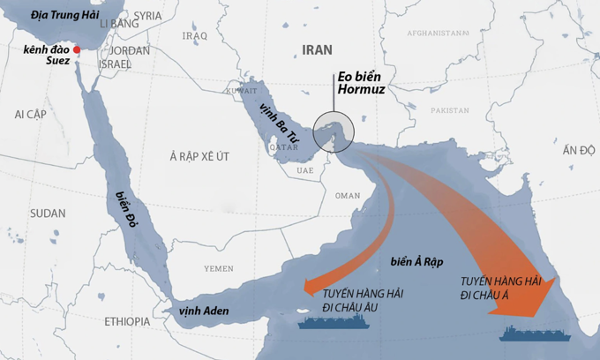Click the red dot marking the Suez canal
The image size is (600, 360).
pos(78,49)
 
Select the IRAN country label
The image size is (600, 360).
pos(317,50)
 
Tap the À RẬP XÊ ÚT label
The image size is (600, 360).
pos(199,156)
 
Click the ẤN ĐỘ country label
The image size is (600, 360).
pos(579,151)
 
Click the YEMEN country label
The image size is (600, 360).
pos(219,267)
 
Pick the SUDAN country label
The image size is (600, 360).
pos(48,214)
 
